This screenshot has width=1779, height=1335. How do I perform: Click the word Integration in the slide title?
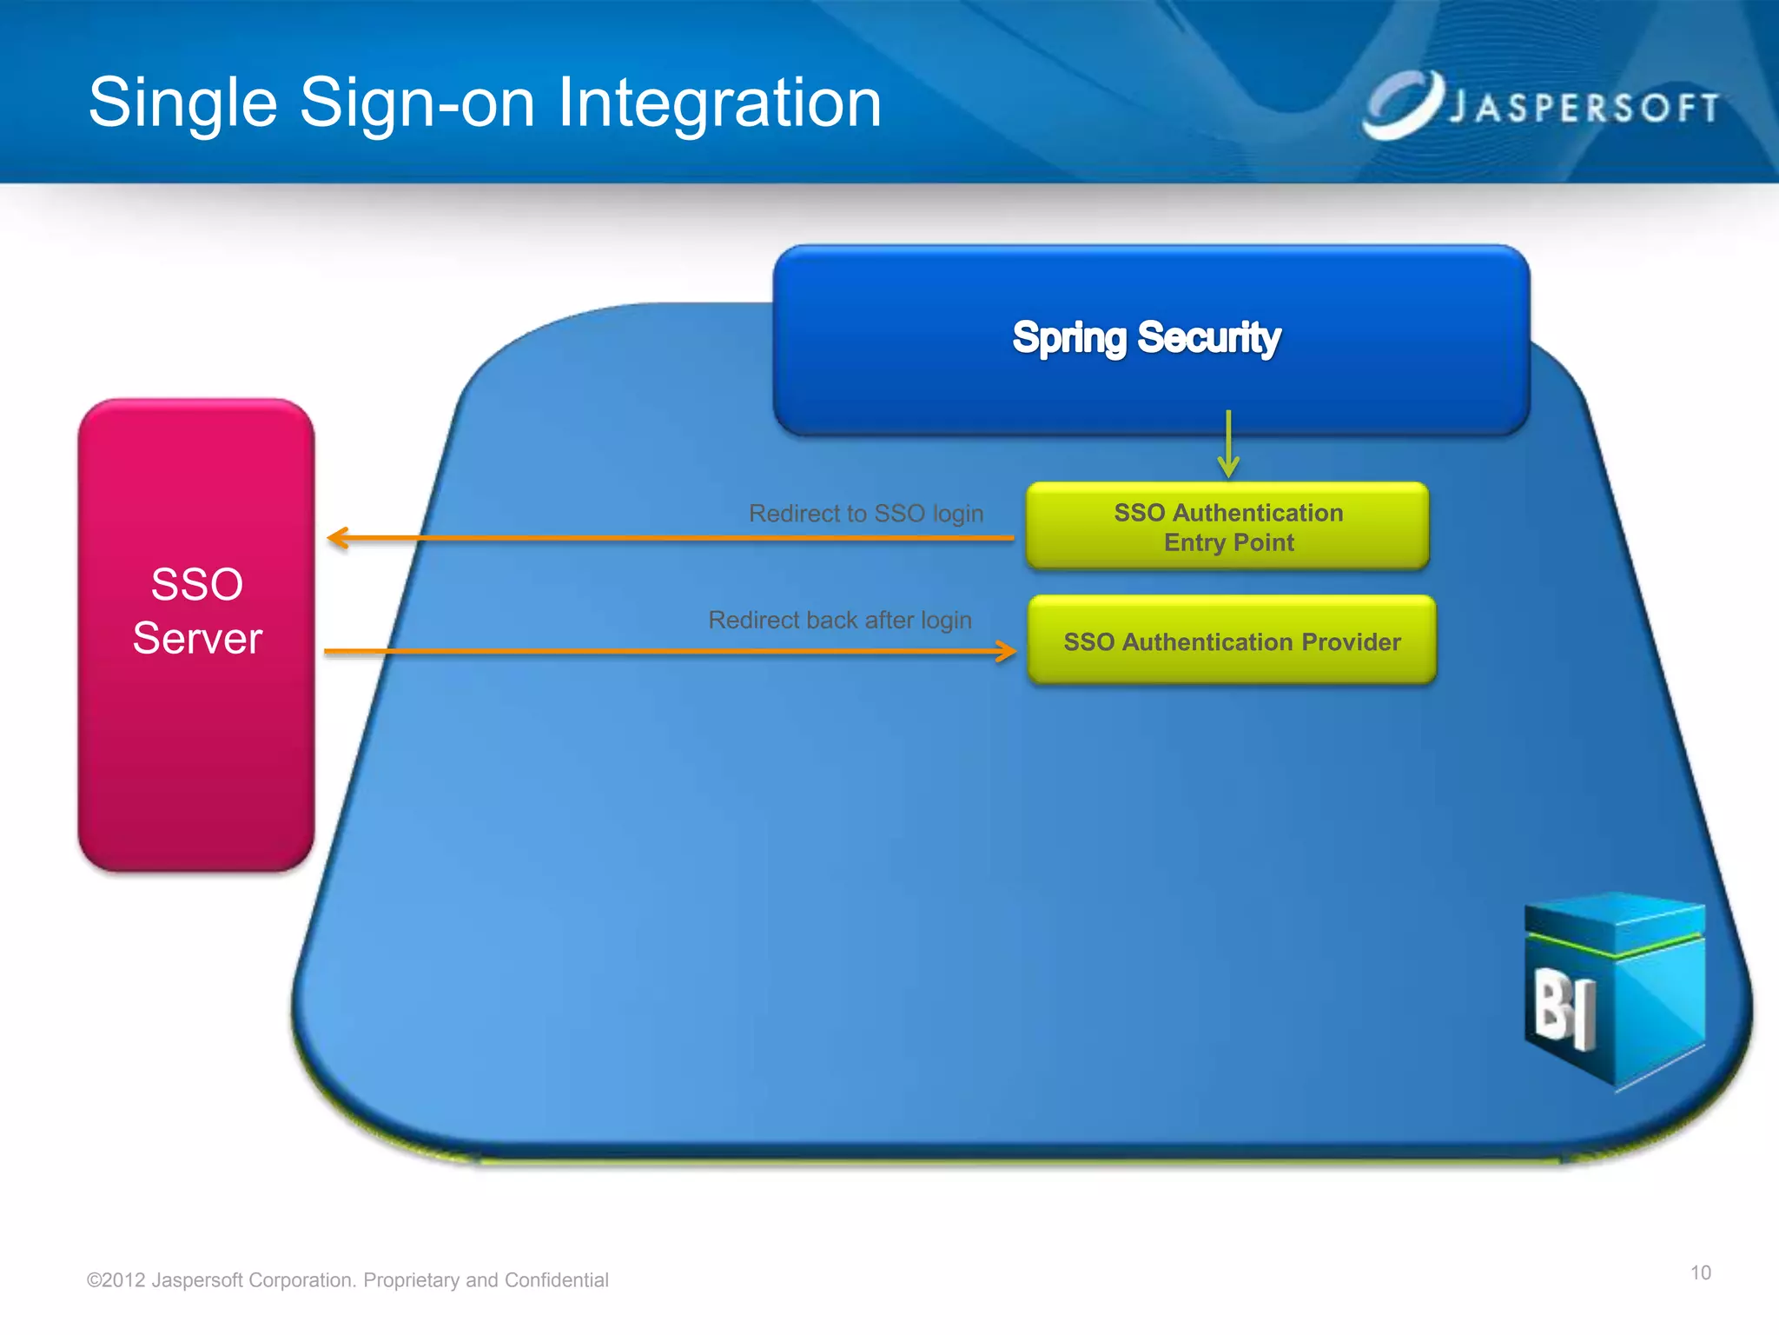[x=719, y=103]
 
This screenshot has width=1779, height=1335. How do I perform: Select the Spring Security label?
[x=1146, y=337]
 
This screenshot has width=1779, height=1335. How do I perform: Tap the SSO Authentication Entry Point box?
[x=1227, y=527]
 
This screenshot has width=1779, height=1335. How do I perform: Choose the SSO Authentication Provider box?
[x=1232, y=641]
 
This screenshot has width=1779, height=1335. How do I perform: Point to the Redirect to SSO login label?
[x=866, y=514]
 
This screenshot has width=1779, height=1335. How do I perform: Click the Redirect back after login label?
[x=840, y=621]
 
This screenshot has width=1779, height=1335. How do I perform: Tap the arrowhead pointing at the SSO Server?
[x=338, y=538]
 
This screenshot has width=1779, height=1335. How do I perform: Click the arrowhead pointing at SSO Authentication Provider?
[x=1006, y=651]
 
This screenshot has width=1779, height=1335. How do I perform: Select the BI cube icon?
[x=1614, y=991]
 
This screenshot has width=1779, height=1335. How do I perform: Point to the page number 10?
[x=1700, y=1273]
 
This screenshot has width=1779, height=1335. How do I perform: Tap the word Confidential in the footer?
[x=556, y=1280]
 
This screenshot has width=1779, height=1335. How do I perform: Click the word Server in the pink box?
[x=197, y=639]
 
